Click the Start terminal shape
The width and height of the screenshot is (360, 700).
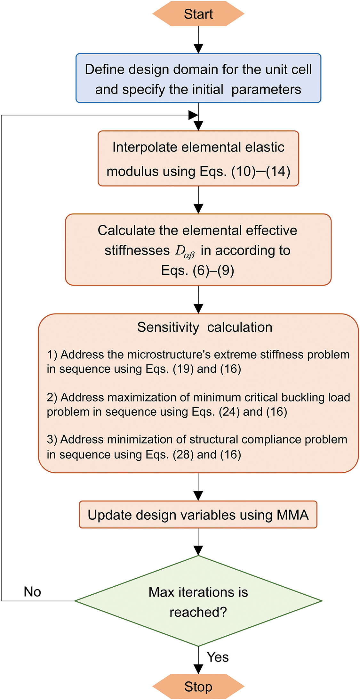(x=198, y=14)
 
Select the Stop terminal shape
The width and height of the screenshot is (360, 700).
(x=198, y=687)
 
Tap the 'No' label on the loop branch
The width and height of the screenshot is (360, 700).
(x=32, y=592)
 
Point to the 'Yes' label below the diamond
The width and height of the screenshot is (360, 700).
(x=218, y=657)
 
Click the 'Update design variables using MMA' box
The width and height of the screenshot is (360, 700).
(x=198, y=515)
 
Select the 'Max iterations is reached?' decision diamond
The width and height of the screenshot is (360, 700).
(x=198, y=601)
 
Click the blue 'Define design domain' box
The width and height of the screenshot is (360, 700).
(x=198, y=78)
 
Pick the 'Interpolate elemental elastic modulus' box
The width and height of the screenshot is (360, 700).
(x=198, y=159)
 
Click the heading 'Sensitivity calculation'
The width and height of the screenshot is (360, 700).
(x=205, y=327)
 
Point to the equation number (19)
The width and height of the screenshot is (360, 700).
(x=183, y=369)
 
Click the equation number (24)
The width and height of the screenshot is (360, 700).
(x=229, y=412)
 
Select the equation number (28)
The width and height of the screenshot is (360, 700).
(x=183, y=455)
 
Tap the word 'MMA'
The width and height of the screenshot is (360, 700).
(x=292, y=515)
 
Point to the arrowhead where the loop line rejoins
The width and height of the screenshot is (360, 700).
(x=193, y=115)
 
